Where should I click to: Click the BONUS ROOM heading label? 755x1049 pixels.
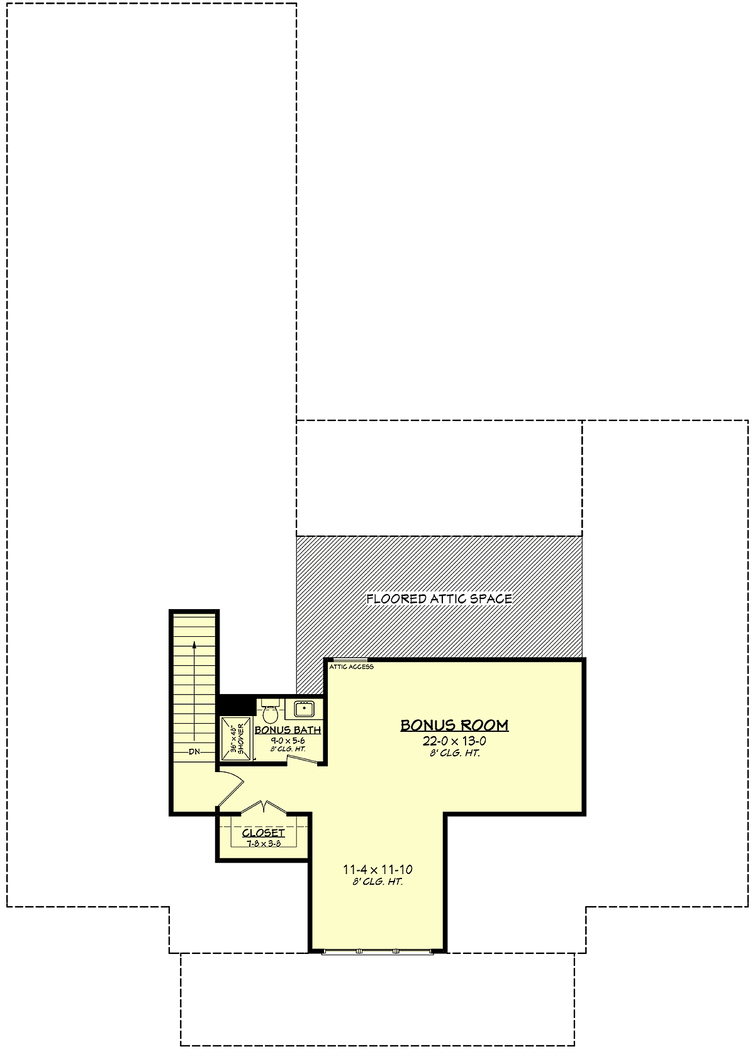(454, 725)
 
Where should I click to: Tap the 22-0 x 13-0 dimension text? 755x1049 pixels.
(454, 741)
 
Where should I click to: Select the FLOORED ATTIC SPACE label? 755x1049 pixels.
(439, 598)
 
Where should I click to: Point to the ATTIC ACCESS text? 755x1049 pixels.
(351, 667)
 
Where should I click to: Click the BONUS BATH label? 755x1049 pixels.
(288, 730)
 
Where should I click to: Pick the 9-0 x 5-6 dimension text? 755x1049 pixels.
(288, 741)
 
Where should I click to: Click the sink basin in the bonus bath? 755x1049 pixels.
(304, 709)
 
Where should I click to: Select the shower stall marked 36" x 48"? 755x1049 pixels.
(237, 739)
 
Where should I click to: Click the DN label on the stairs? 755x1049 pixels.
(194, 752)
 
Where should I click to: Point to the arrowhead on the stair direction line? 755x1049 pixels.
(194, 645)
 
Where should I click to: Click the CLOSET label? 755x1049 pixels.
(263, 831)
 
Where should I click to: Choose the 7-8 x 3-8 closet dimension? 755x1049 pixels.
(264, 843)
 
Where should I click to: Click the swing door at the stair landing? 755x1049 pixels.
(231, 788)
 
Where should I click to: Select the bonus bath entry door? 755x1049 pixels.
(303, 759)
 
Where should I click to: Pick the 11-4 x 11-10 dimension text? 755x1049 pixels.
(377, 870)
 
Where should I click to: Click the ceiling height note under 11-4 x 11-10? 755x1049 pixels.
(377, 882)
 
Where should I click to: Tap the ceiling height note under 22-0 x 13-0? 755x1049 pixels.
(454, 753)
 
